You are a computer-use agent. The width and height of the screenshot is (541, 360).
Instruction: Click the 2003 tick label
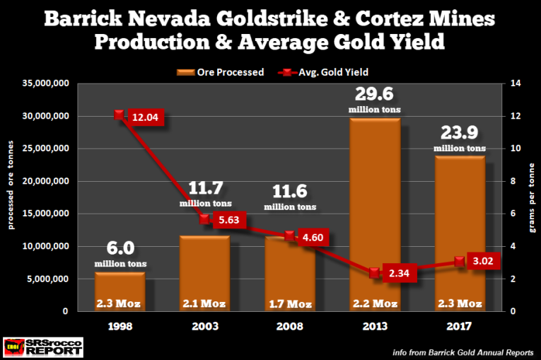204,328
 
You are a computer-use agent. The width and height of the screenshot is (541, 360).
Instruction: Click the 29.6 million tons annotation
375,98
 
